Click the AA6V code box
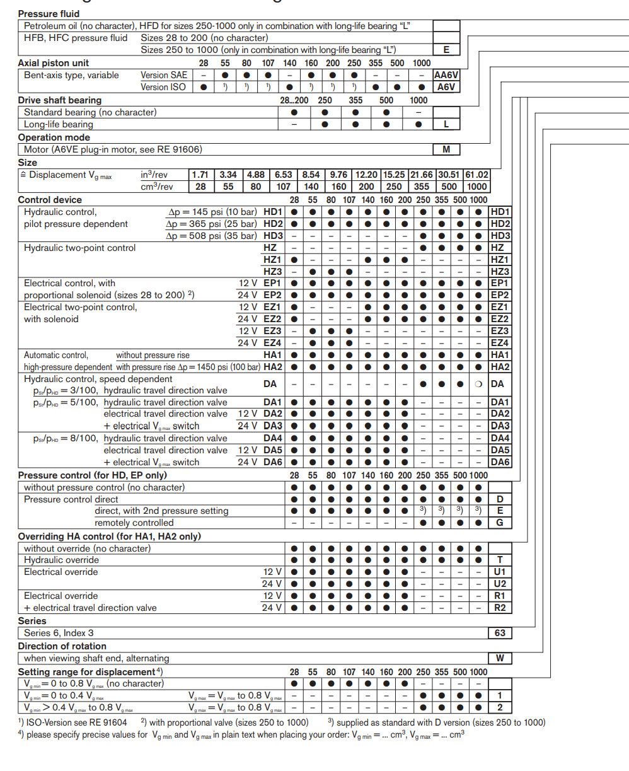[446, 75]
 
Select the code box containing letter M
[446, 149]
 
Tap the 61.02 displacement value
[476, 175]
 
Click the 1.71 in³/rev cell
[200, 175]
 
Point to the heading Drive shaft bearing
[59, 100]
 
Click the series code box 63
[500, 633]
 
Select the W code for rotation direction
[500, 658]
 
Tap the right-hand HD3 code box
[500, 236]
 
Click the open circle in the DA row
[479, 384]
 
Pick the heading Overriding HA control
[109, 536]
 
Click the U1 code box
[500, 572]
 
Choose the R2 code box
[500, 608]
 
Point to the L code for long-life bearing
[446, 124]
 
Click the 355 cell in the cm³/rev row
[422, 187]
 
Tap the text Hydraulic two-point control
[79, 248]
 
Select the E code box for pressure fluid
[446, 50]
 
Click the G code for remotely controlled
[500, 523]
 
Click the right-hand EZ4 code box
[500, 343]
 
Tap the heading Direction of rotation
[62, 646]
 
